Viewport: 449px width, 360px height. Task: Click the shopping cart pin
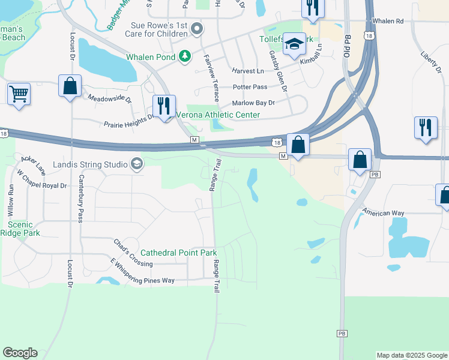(19, 94)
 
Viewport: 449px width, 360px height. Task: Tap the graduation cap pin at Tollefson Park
(294, 44)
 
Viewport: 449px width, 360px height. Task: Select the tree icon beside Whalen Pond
(185, 57)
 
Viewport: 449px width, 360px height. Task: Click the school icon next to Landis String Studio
(137, 164)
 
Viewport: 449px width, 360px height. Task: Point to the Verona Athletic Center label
(218, 115)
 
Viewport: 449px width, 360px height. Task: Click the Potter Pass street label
(250, 87)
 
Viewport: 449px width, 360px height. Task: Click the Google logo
(20, 353)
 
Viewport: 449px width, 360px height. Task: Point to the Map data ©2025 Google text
(412, 355)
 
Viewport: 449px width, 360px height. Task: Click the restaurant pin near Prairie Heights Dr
(164, 106)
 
